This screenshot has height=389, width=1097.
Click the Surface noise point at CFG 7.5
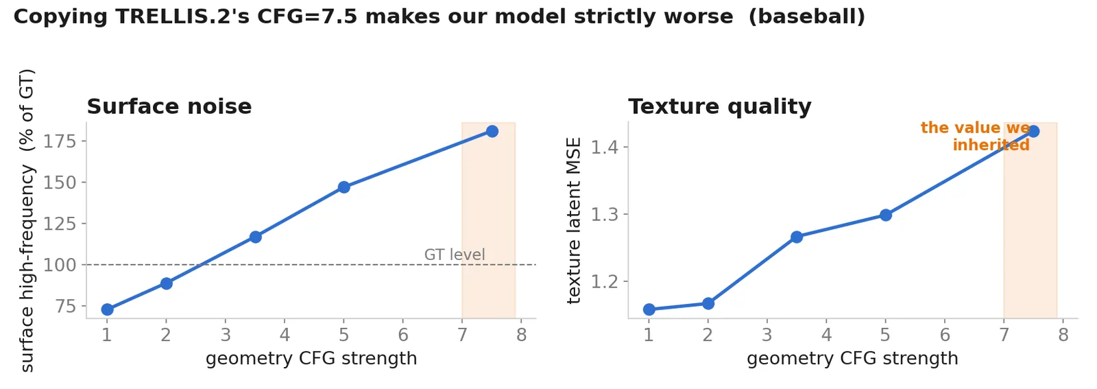[492, 131]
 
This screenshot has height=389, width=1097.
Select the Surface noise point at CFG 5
[343, 187]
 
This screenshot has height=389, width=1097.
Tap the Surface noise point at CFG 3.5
[255, 237]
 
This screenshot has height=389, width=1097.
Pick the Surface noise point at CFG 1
[107, 309]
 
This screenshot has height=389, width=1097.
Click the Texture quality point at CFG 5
[885, 215]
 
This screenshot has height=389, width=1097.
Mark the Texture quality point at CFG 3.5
[797, 237]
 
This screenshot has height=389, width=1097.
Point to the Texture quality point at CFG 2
[708, 304]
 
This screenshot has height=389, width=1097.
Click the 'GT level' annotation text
[455, 255]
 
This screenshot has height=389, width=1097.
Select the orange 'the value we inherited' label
[975, 137]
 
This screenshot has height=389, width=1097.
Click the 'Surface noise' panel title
[169, 107]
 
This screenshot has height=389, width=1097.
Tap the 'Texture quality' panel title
[719, 107]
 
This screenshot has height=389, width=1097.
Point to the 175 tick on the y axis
[60, 141]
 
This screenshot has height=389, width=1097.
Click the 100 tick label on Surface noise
[60, 265]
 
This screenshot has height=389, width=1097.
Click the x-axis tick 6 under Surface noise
[403, 335]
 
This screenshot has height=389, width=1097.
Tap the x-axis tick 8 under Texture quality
[1063, 335]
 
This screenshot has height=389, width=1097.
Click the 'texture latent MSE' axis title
[573, 220]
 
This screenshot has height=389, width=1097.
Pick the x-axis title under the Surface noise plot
[311, 359]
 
